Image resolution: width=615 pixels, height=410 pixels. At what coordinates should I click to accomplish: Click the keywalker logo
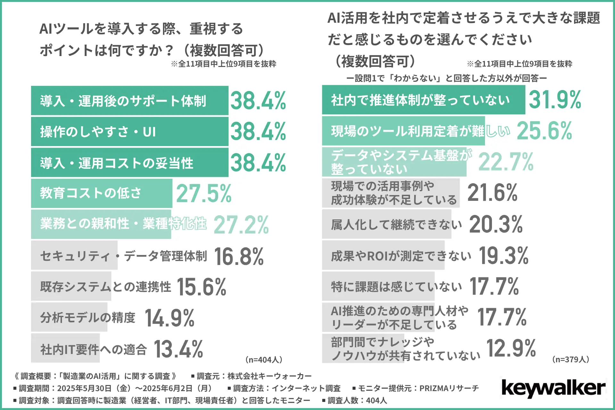point(553,388)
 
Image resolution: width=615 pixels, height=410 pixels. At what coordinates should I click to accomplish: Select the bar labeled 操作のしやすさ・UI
point(129,132)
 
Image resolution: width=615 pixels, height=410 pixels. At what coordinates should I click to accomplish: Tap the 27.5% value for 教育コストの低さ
point(204,193)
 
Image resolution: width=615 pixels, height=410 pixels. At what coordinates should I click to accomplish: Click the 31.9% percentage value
point(555,100)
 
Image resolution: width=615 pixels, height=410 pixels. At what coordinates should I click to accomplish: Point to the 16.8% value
point(239,257)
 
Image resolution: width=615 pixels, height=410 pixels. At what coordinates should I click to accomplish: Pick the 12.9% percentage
point(511,348)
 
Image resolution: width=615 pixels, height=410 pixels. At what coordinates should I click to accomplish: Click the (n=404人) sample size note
point(264,360)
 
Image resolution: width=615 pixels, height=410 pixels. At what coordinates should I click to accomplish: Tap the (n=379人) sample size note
point(571,359)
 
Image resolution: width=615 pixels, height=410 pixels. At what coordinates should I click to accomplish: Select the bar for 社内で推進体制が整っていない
point(423,100)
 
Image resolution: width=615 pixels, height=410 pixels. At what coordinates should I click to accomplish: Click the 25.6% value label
point(544,131)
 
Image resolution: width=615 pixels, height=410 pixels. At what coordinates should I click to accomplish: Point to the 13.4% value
point(178,349)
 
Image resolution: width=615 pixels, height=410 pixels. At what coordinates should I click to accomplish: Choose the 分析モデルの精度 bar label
point(87,317)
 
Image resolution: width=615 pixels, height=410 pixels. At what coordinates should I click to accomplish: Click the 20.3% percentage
point(496,224)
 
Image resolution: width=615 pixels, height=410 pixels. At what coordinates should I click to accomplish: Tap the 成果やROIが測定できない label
point(401,256)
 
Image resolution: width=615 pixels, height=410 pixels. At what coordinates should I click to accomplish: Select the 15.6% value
point(201,287)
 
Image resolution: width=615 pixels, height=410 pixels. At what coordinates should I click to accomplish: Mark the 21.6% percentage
point(492,193)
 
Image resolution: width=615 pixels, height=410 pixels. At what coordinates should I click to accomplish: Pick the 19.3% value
point(504,256)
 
